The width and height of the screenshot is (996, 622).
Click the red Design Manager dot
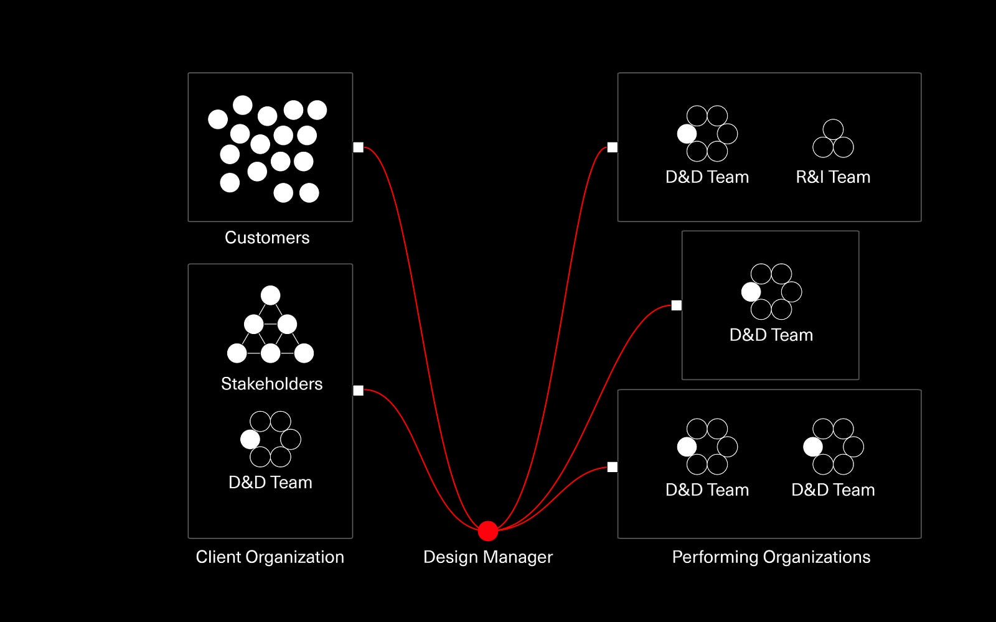click(x=488, y=531)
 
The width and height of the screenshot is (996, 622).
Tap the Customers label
click(x=267, y=238)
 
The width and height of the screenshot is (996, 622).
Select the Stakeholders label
click(x=271, y=384)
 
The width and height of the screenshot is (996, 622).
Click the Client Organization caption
click(x=270, y=557)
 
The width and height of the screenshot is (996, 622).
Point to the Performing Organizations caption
click(x=771, y=557)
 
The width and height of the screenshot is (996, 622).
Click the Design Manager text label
click(x=488, y=557)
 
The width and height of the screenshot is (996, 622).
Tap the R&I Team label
click(x=833, y=177)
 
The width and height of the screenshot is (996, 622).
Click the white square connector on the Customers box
click(x=359, y=147)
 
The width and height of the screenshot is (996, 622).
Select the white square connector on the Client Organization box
click(x=359, y=391)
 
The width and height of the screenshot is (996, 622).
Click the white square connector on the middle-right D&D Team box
click(x=676, y=305)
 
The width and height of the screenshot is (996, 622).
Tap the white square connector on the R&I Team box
click(x=613, y=147)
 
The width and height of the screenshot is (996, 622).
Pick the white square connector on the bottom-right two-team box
click(x=613, y=467)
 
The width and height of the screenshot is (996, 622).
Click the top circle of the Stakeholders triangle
click(x=270, y=295)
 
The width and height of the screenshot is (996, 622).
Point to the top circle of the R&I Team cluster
click(x=833, y=129)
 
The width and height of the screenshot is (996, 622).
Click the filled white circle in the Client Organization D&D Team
click(x=250, y=439)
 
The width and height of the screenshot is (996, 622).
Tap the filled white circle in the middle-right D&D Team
click(x=751, y=292)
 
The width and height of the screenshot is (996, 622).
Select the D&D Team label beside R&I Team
click(x=707, y=177)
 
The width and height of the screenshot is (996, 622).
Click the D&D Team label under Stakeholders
click(x=270, y=483)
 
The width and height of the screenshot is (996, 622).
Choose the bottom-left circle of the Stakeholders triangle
click(x=237, y=354)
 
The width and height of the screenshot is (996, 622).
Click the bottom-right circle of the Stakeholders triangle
click(x=304, y=354)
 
